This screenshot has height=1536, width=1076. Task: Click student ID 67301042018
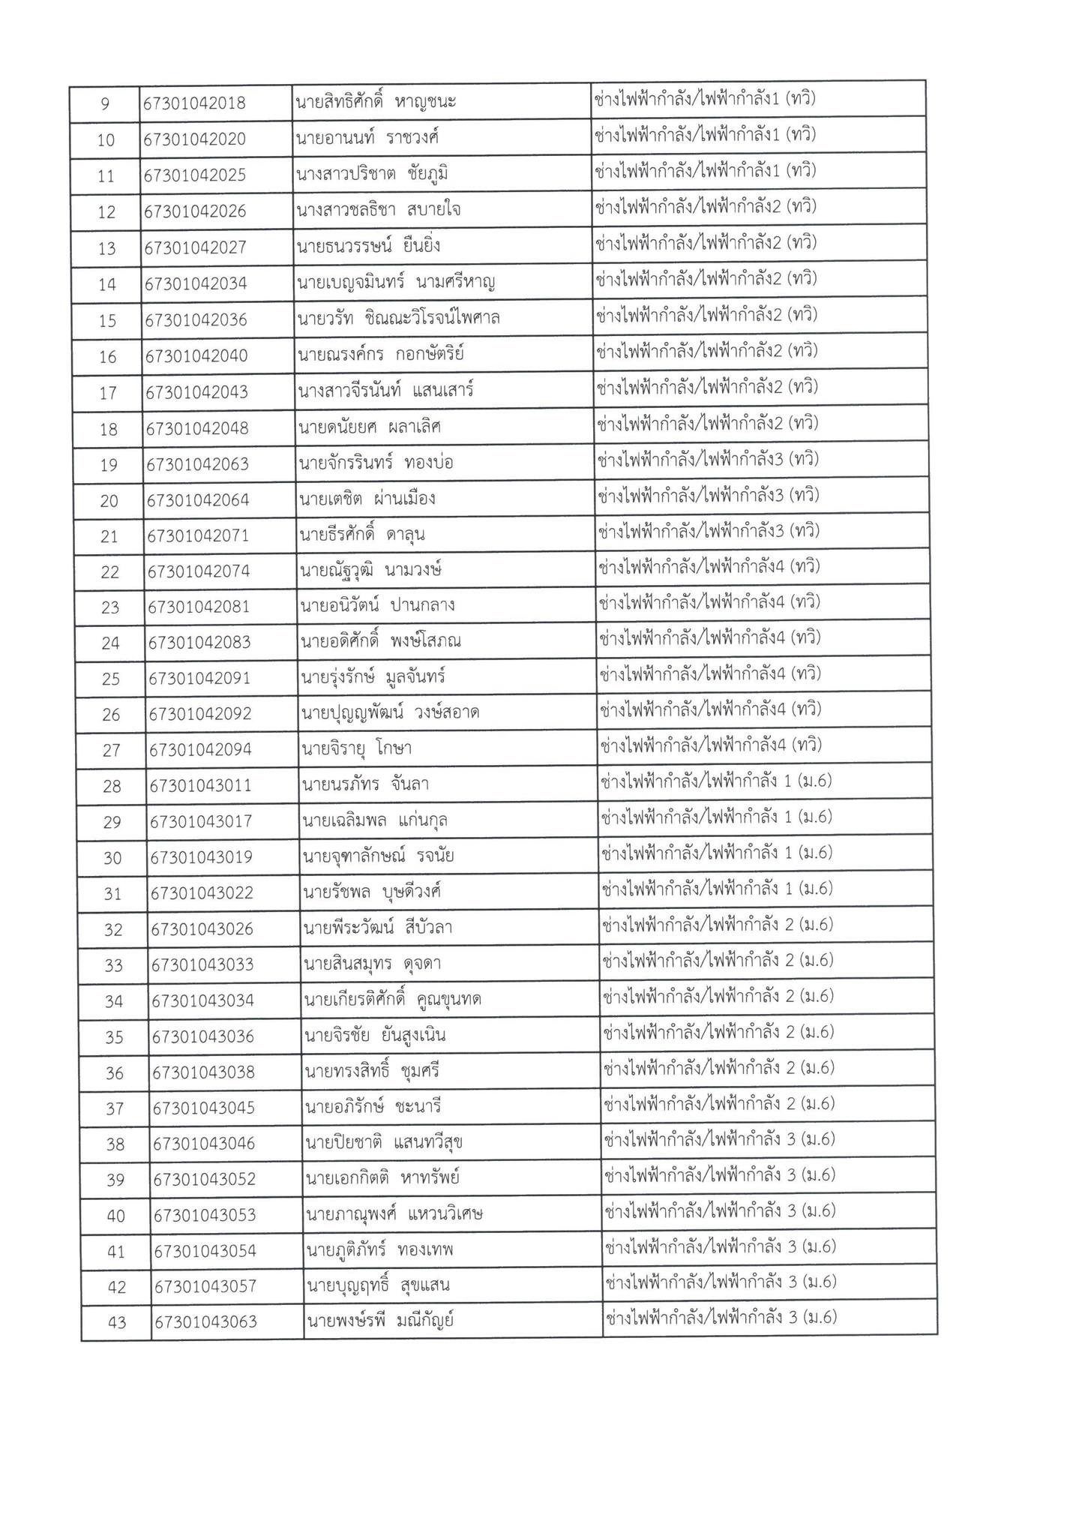[x=194, y=103]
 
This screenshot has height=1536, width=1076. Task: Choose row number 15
[x=107, y=320]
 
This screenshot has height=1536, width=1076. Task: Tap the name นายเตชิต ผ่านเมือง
[x=367, y=499]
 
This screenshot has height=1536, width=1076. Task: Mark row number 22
[x=109, y=572]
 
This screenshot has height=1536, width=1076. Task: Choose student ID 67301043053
[x=204, y=1215]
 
